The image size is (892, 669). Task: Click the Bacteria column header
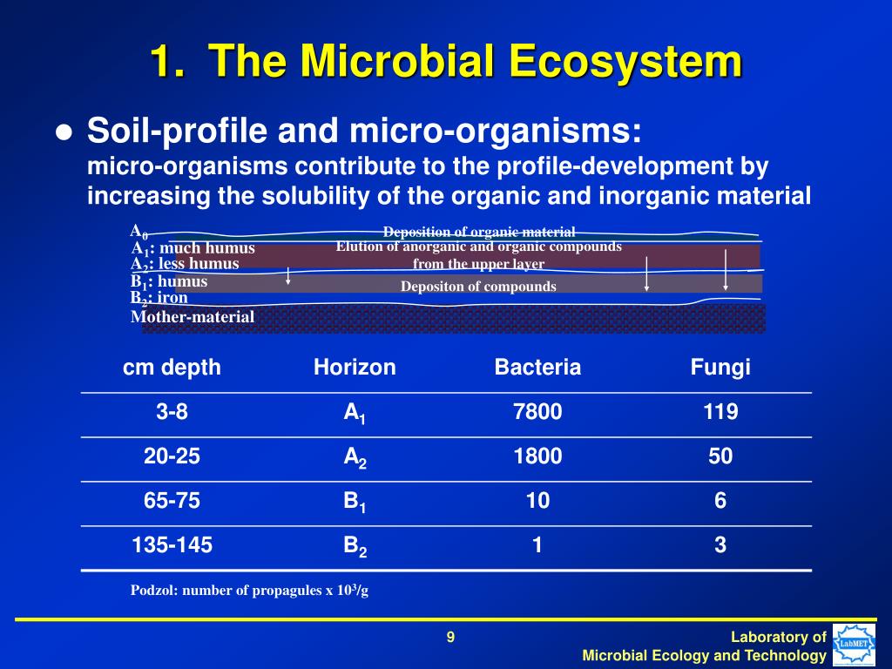click(x=537, y=368)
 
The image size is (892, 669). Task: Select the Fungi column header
click(x=720, y=368)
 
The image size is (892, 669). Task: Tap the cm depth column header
click(x=172, y=368)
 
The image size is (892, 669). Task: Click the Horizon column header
click(x=355, y=368)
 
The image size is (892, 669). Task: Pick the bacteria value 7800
click(x=537, y=412)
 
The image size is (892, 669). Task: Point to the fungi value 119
click(x=720, y=412)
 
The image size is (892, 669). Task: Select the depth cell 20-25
click(x=172, y=456)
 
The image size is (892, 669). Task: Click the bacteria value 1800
click(x=537, y=456)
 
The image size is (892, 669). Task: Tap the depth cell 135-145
click(x=172, y=546)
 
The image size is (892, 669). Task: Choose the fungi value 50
click(x=720, y=456)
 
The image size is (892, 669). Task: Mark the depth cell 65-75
click(x=172, y=501)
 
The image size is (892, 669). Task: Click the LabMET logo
click(x=854, y=645)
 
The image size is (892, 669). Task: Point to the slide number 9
click(x=450, y=638)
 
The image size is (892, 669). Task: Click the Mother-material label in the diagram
click(x=193, y=317)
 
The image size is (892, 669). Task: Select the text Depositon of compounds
click(x=478, y=287)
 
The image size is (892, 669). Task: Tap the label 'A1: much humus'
click(x=193, y=248)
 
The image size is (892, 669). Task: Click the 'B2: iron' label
click(x=159, y=298)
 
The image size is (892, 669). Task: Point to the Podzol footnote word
click(x=152, y=591)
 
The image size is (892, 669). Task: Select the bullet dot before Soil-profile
click(x=64, y=133)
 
